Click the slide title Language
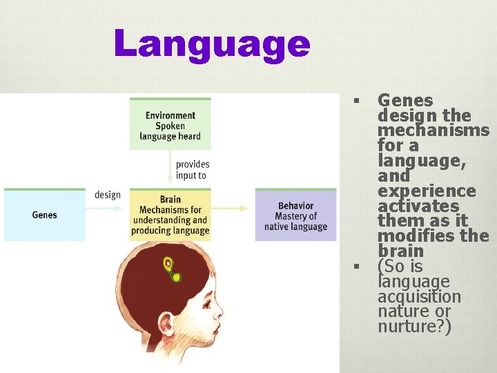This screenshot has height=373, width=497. pyautogui.click(x=213, y=44)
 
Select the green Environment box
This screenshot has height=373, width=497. pyautogui.click(x=170, y=124)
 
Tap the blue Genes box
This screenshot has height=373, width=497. pyautogui.click(x=45, y=215)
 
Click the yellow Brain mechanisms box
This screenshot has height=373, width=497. pyautogui.click(x=170, y=215)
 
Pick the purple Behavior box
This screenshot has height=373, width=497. pyautogui.click(x=295, y=215)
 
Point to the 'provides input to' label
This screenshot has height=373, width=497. pyautogui.click(x=193, y=170)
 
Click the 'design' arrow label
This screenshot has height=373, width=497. pyautogui.click(x=108, y=195)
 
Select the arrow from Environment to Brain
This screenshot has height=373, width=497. pyautogui.click(x=170, y=169)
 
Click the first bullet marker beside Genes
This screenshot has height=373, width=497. pyautogui.click(x=357, y=102)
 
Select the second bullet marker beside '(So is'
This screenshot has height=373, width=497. pyautogui.click(x=357, y=267)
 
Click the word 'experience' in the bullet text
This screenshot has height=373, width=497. pyautogui.click(x=427, y=191)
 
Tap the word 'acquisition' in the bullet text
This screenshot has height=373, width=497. pyautogui.click(x=419, y=297)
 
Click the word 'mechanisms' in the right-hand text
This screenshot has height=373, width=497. pyautogui.click(x=433, y=131)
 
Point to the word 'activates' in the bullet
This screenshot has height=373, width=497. pyautogui.click(x=418, y=207)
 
